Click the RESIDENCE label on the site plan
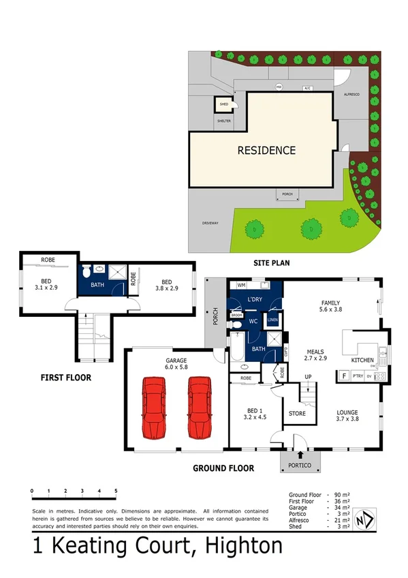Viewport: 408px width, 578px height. [x=266, y=151]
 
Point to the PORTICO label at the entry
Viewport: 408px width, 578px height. [x=300, y=465]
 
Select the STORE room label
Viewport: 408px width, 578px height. [x=297, y=414]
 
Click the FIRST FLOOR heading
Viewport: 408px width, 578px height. [x=65, y=377]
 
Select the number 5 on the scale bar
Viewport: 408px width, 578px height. [x=116, y=491]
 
